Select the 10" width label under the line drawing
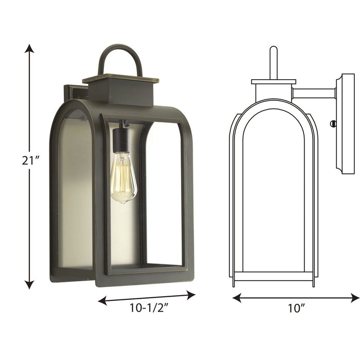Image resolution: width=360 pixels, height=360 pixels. point(296,309)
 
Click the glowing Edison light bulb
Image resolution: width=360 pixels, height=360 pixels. point(123,177)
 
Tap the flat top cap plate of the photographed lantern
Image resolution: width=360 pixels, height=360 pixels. point(120,79)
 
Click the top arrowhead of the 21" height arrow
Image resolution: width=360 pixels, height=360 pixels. point(29,48)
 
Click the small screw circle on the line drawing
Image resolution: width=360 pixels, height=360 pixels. point(333,124)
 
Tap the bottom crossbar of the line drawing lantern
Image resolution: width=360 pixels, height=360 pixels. point(274,276)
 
